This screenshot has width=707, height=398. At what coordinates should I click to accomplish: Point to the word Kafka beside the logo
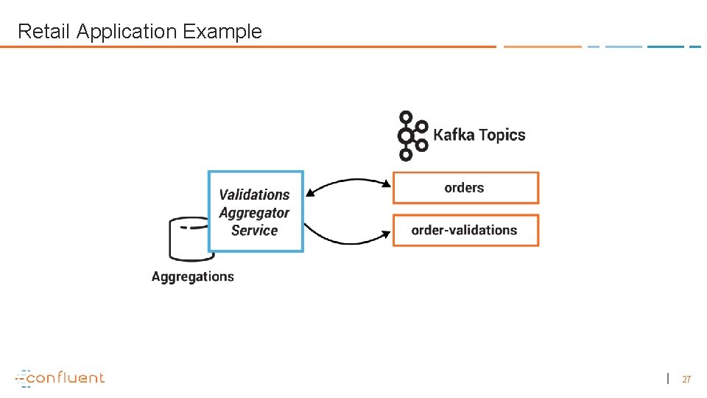[x=454, y=135]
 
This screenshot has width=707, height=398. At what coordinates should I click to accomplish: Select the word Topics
[x=502, y=135]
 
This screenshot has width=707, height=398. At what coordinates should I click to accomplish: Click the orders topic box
[x=465, y=188]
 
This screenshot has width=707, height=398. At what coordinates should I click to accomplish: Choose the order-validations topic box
[x=465, y=230]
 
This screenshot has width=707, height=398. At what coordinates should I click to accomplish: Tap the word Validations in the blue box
[x=254, y=195]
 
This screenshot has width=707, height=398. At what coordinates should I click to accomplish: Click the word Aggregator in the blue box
[x=254, y=212]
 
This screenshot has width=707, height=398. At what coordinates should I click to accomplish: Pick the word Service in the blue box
[x=254, y=230]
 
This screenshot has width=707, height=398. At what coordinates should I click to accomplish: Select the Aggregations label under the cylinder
[x=193, y=277]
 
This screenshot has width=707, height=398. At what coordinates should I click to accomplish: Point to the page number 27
[x=686, y=380]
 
